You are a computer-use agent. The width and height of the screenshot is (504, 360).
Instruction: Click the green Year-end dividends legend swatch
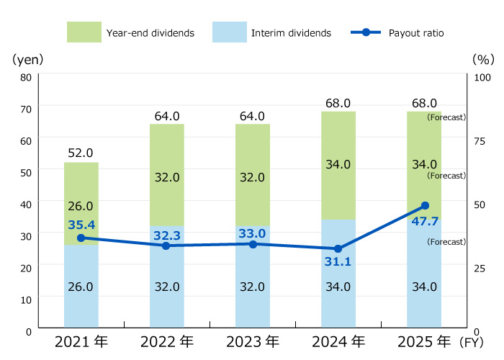pyautogui.click(x=84, y=32)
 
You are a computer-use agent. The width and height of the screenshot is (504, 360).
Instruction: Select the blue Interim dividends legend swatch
pyautogui.click(x=230, y=32)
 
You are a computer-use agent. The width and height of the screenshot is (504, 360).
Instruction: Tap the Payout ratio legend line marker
pyautogui.click(x=365, y=32)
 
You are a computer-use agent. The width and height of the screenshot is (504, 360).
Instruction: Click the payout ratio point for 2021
pyautogui.click(x=81, y=238)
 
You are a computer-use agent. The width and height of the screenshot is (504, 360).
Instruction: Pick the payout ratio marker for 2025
pyautogui.click(x=425, y=206)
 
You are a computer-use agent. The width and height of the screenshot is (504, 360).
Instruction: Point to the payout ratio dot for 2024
pyautogui.click(x=338, y=248)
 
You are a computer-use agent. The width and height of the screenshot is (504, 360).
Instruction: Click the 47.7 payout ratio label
pyautogui.click(x=425, y=221)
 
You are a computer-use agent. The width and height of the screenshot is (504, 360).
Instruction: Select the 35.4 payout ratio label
pyautogui.click(x=81, y=225)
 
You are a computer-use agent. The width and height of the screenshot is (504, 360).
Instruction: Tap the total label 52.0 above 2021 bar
pyautogui.click(x=81, y=153)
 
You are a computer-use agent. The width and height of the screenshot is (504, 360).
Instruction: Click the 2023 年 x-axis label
pyautogui.click(x=252, y=341)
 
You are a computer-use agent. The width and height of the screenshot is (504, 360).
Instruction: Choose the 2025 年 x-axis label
pyautogui.click(x=425, y=341)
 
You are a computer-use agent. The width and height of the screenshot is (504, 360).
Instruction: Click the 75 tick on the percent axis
pyautogui.click(x=481, y=140)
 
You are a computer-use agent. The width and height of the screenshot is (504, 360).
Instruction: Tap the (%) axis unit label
pyautogui.click(x=481, y=58)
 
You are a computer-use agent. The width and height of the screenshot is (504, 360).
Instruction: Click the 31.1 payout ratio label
pyautogui.click(x=338, y=262)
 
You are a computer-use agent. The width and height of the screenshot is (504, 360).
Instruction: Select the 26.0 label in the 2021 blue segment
pyautogui.click(x=81, y=287)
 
